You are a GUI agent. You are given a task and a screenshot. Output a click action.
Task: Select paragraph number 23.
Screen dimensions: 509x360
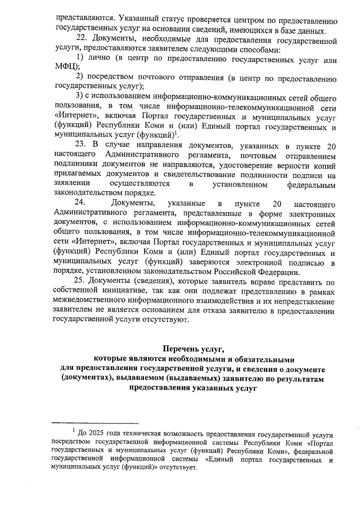(x=81, y=145)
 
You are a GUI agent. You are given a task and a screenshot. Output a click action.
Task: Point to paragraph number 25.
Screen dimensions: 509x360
(x=81, y=282)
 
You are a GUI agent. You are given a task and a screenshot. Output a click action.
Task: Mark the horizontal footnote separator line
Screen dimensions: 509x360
(x=95, y=423)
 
